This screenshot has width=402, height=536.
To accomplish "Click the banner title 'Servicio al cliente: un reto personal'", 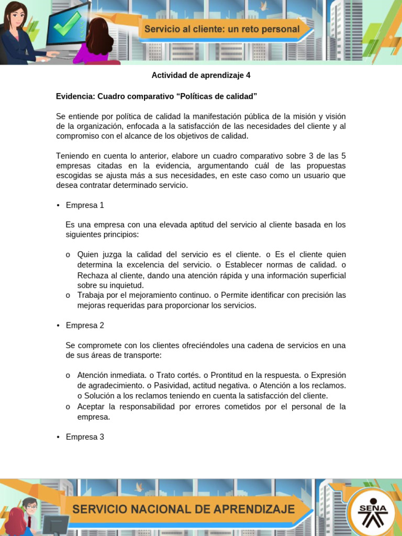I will pos(221,29).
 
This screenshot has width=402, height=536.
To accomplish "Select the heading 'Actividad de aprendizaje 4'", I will pos(201,75).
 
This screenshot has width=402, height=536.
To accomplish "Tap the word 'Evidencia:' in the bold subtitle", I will pos(75,96).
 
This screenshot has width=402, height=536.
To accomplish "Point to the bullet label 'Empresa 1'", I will pos(85,205).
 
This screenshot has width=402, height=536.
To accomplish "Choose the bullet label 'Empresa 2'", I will pos(85,326).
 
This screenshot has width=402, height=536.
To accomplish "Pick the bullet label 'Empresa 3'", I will pos(85,437).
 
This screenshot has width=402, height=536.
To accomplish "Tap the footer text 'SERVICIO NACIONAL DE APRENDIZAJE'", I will pos(183,509).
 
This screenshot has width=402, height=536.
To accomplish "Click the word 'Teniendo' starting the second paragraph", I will pos(72,155).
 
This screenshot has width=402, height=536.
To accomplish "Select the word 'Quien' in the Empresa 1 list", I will pos(88,255).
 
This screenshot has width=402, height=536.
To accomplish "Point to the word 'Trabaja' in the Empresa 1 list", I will pos(91,295).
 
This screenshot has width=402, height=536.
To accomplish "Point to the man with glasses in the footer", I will pos(30,507).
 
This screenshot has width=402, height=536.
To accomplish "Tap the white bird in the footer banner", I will pos(140,487).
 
